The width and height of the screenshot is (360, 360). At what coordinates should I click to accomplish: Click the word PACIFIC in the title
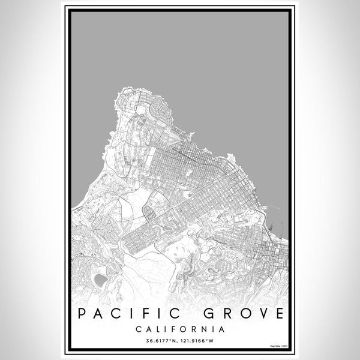124,314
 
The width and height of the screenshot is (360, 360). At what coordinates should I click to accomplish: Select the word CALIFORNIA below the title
180,329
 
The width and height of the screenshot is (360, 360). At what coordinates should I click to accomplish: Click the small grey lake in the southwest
100,279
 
